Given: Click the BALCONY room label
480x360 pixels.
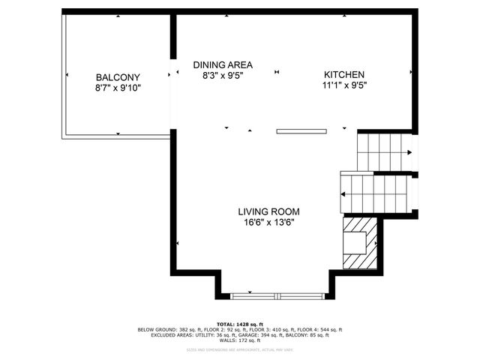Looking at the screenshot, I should (118, 77).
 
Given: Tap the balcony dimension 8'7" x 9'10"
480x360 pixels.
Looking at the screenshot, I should (118, 88).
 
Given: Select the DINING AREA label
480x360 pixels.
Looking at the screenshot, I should (222, 64).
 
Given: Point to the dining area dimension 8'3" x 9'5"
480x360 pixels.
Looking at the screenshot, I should (222, 75).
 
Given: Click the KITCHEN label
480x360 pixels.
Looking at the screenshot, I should (344, 74).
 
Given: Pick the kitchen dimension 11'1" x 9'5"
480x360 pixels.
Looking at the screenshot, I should (344, 85).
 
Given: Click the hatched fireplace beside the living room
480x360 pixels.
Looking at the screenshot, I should (358, 242).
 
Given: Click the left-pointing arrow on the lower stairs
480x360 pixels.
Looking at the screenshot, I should (343, 194).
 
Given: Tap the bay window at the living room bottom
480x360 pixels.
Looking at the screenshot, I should (278, 295).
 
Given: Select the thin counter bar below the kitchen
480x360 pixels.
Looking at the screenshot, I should (301, 131).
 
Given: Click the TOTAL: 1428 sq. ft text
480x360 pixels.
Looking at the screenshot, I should (240, 324).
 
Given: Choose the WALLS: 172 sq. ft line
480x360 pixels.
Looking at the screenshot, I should (240, 340).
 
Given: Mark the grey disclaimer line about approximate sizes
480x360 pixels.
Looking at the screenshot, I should (240, 349).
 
